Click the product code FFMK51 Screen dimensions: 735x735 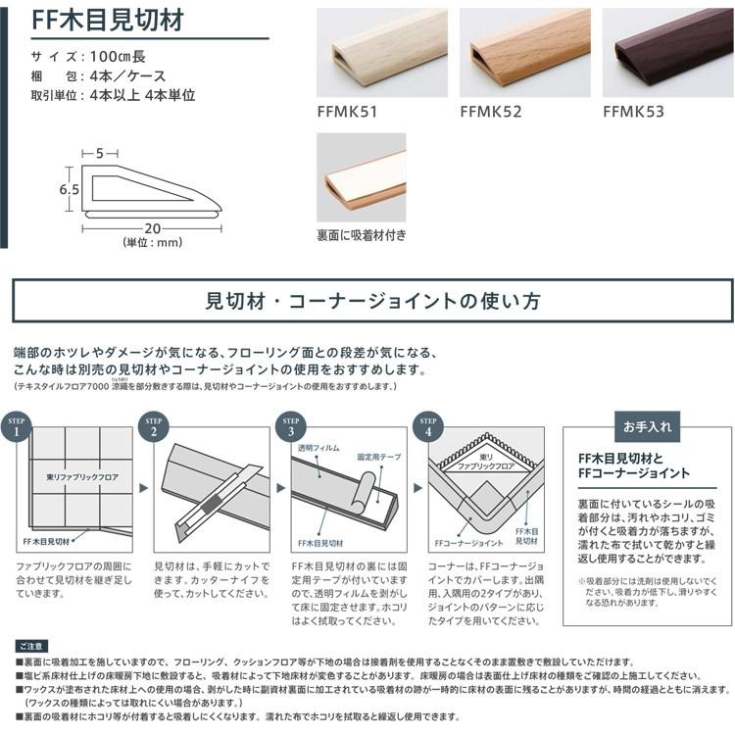tap(351, 112)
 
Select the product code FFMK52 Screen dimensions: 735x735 tap(494, 112)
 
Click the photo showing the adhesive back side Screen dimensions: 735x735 tap(361, 176)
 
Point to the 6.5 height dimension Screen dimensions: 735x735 tap(68, 189)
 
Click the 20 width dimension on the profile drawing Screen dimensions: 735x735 tap(151, 228)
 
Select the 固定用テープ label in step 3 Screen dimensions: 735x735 tap(375, 457)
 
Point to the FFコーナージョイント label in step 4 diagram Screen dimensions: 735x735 tap(468, 542)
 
